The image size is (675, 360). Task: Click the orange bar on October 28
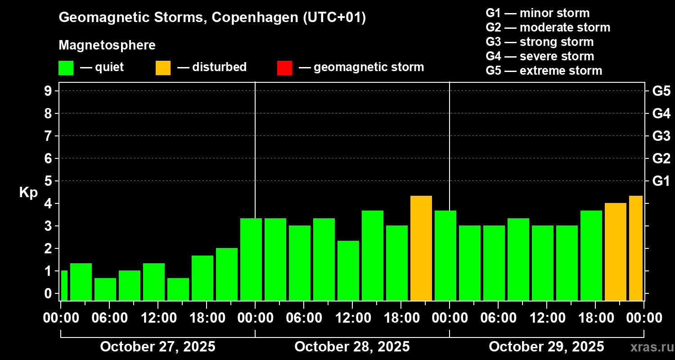[421, 248]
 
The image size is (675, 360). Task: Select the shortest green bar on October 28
[348, 270]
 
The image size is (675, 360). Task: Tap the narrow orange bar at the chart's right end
[635, 248]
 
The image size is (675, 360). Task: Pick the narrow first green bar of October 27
[64, 285]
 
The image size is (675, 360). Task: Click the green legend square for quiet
[66, 67]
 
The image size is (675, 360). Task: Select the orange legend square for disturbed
[163, 67]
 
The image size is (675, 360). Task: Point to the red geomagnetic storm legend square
[284, 67]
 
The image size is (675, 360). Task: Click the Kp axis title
[28, 192]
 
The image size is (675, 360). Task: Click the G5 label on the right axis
[661, 91]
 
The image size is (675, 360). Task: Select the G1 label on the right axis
[661, 181]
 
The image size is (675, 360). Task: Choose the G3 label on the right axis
[661, 136]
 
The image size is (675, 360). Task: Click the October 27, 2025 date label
[157, 346]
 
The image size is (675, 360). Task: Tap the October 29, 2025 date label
[546, 346]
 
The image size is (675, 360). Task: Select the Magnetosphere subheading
[107, 45]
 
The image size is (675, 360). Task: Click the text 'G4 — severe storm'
[540, 56]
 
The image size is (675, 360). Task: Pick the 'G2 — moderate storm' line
[548, 27]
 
